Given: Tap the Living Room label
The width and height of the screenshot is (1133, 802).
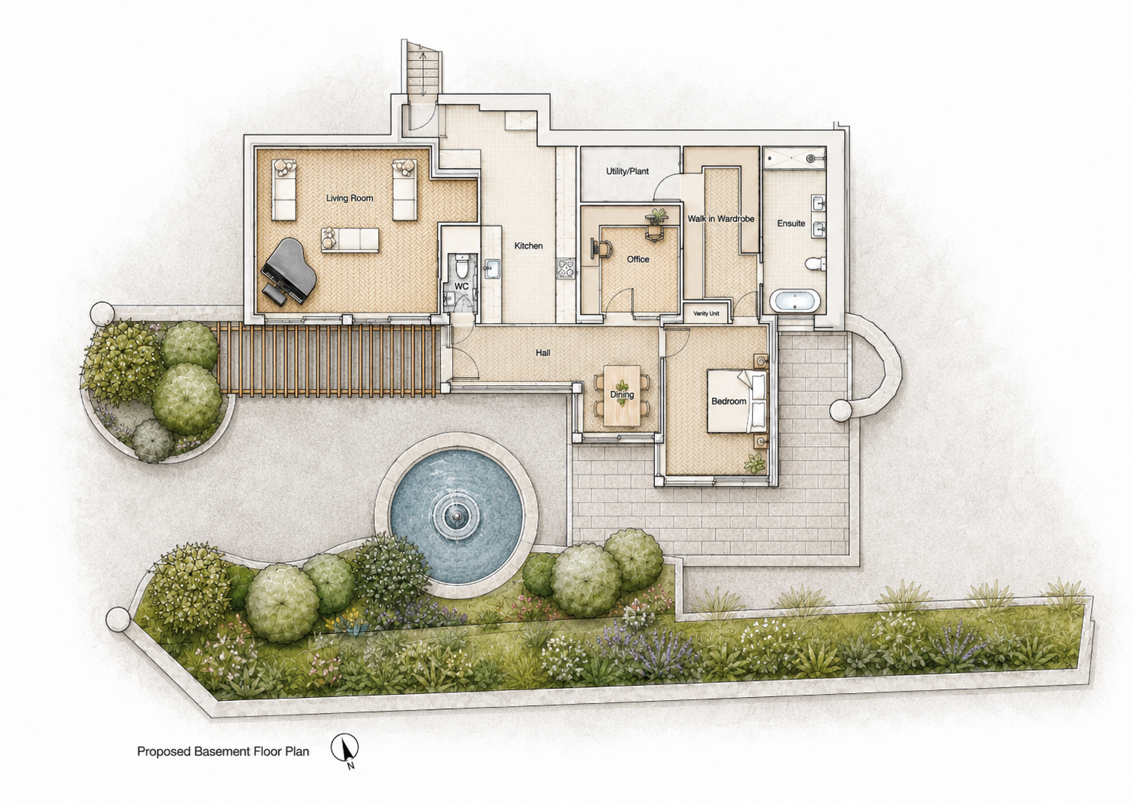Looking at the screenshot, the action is (350, 198).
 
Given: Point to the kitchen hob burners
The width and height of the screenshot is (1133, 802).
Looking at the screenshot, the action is (565, 268).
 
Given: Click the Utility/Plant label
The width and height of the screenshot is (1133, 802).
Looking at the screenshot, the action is (627, 172).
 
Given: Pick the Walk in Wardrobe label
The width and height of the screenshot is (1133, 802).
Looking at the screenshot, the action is (721, 219).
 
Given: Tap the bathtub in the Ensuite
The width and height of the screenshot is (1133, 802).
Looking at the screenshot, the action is (795, 302).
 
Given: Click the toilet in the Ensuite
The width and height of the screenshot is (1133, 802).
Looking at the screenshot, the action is (815, 263).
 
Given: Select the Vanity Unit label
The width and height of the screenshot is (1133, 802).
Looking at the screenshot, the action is (706, 313).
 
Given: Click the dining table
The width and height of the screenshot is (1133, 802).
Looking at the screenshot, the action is (622, 395).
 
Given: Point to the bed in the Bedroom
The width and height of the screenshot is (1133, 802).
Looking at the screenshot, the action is (737, 401).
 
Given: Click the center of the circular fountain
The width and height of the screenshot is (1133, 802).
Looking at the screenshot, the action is (457, 515).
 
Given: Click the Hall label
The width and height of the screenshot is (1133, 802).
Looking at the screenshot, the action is (543, 352).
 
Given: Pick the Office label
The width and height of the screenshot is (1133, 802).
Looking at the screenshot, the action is (638, 259).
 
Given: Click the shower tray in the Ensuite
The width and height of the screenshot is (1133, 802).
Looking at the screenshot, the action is (794, 158).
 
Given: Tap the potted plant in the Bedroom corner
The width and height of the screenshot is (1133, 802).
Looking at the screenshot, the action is (755, 462).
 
